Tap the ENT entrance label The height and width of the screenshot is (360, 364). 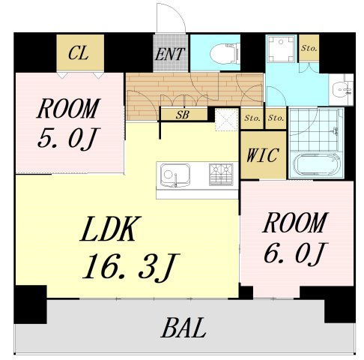171,53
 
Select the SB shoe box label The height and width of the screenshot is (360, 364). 182,115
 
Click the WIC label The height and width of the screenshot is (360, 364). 262,156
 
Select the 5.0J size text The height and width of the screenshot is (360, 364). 69,139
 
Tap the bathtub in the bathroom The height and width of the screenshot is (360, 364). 316,163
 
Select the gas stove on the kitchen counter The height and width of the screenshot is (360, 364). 220,175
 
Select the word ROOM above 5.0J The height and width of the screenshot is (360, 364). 68,109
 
